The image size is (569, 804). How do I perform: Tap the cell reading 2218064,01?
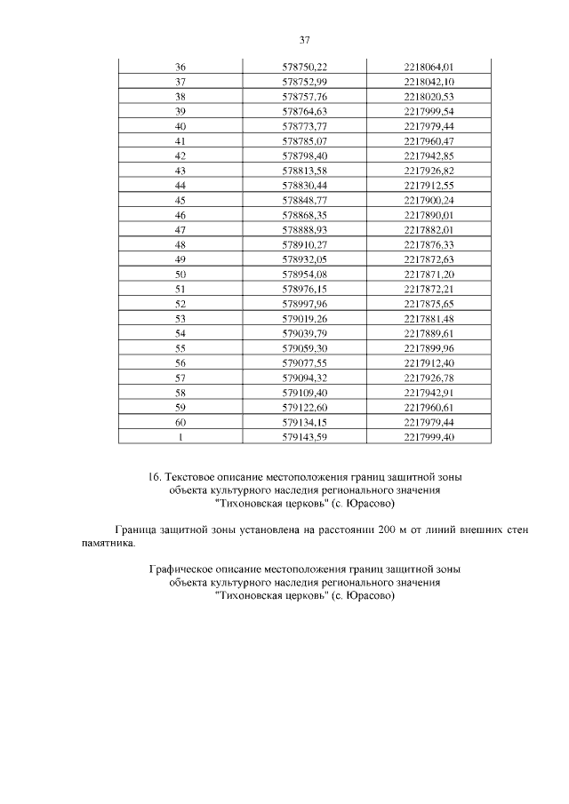429,68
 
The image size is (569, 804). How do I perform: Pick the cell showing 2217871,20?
429,274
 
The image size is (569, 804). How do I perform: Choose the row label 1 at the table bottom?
180,436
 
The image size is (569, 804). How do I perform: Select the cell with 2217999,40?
429,436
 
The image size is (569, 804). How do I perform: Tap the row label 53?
180,318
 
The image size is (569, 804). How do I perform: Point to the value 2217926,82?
429,171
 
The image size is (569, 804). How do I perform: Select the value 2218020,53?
429,97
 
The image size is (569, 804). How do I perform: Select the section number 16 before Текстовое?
155,477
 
